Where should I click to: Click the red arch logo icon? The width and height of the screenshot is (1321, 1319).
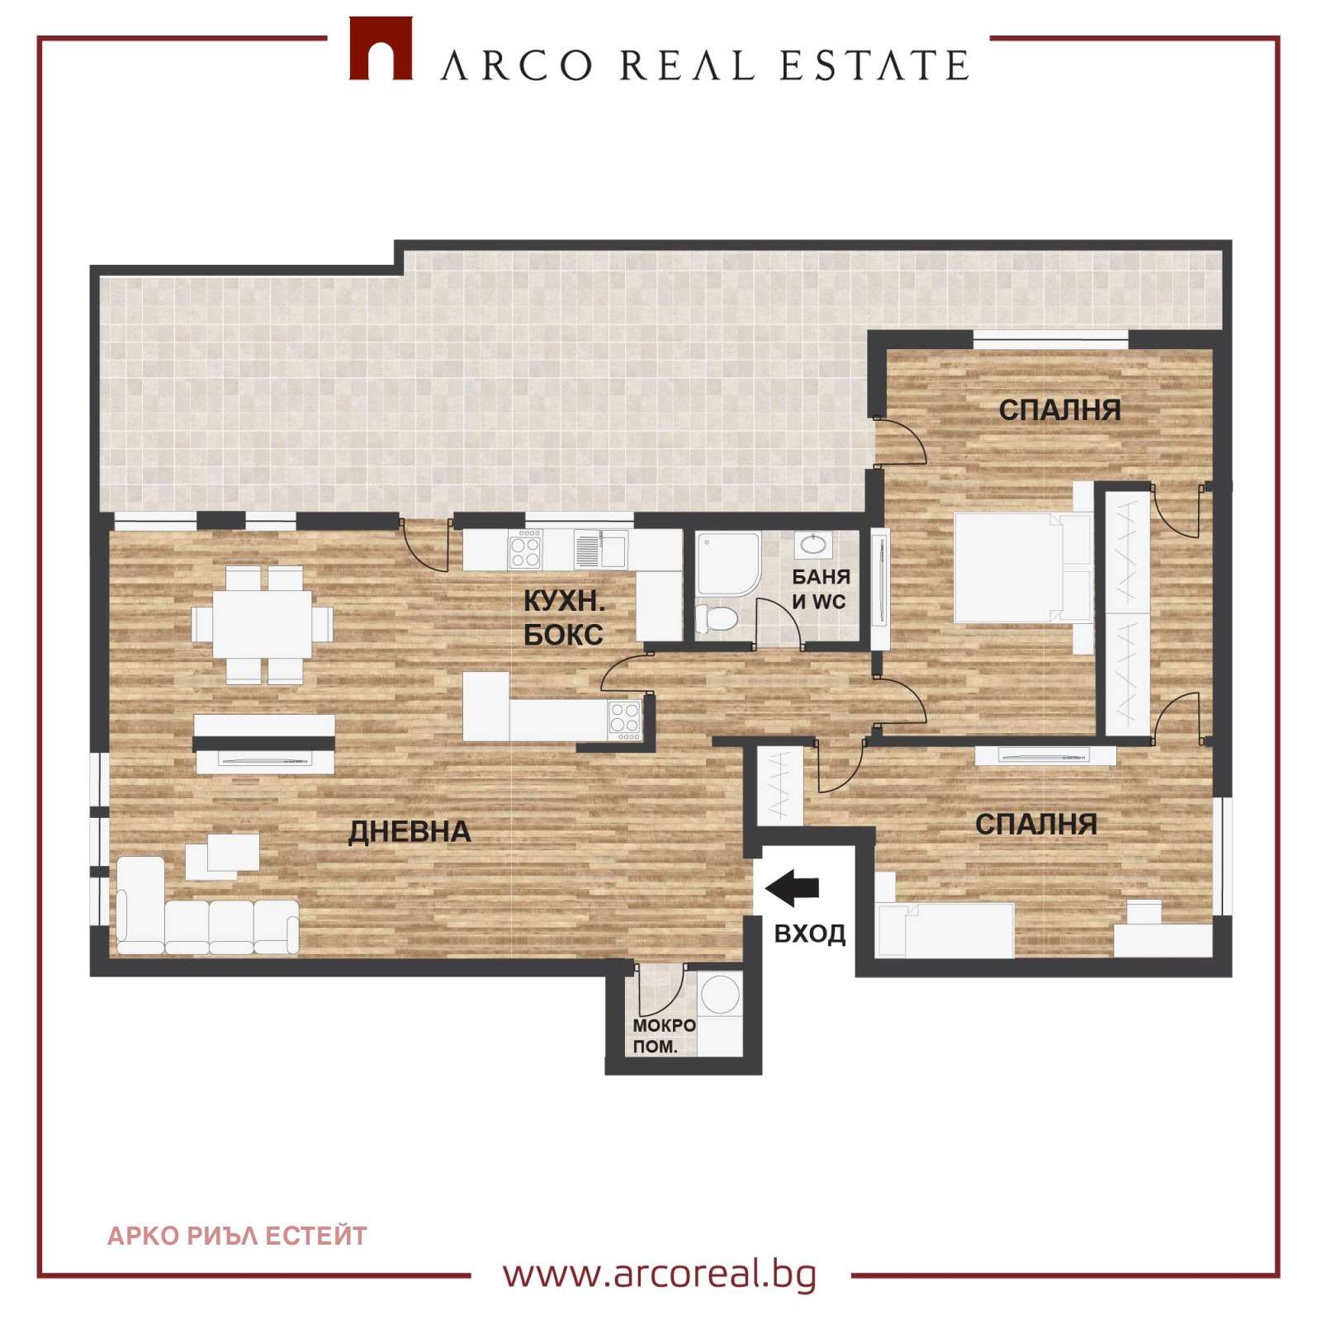[381, 49]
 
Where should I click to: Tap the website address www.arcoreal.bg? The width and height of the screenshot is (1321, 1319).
[660, 1274]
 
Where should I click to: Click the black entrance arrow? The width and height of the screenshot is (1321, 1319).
[792, 887]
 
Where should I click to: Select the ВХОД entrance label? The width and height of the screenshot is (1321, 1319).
[810, 934]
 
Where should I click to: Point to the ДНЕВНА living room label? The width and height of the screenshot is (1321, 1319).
[410, 832]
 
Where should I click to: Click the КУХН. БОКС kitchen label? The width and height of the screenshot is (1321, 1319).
[564, 618]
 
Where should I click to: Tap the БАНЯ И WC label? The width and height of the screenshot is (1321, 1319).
[821, 589]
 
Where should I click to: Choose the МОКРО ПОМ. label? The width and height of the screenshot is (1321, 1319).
[664, 1036]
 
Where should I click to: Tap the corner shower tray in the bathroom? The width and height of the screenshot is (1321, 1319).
[727, 564]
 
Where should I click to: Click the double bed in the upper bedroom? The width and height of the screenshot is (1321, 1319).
[1022, 568]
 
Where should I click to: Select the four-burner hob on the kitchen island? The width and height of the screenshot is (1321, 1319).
[624, 720]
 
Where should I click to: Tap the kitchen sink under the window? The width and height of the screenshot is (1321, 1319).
[601, 548]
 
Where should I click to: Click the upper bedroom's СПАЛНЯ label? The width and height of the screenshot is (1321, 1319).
[1060, 410]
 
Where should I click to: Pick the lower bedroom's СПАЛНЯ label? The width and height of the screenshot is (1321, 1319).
[1036, 824]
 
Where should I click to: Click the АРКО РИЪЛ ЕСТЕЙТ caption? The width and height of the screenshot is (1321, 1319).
[238, 1236]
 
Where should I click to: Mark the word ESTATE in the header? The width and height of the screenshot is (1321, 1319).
[875, 66]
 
